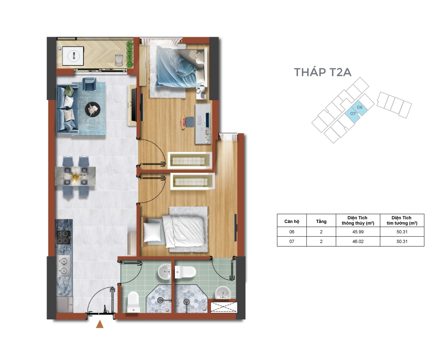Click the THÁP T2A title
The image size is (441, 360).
[322, 72]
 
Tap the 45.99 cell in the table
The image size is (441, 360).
[358, 232]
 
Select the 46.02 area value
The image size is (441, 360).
[358, 241]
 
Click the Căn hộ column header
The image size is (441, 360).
[291, 222]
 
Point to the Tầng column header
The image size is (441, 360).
[321, 221]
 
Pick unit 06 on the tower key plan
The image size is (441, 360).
[359, 108]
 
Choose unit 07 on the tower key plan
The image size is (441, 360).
[353, 114]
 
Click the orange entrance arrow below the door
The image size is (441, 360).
[100, 324]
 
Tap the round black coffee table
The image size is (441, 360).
[93, 109]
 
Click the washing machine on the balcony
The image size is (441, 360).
[73, 56]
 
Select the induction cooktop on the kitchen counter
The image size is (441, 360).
[63, 238]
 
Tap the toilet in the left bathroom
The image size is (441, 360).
[133, 302]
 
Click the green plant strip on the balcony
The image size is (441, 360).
[130, 54]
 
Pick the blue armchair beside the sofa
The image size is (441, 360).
[90, 84]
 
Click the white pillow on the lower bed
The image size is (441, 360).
[152, 232]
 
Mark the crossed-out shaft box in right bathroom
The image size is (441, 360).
[224, 307]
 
